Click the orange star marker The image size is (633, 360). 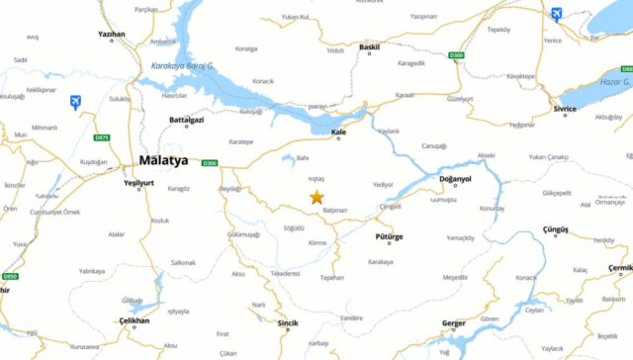(x=316, y=198)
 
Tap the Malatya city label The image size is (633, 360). (x=163, y=160)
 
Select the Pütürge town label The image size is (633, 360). (x=390, y=237)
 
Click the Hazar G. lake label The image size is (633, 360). (x=613, y=83)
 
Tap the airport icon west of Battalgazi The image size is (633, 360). (x=76, y=102)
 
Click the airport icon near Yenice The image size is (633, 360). (x=556, y=14)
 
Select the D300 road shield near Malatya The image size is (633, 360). (x=209, y=163)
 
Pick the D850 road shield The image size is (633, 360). (x=10, y=276)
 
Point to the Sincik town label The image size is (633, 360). (x=287, y=322)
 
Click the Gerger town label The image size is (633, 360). (x=452, y=323)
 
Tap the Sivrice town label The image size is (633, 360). (x=565, y=109)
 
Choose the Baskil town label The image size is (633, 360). (x=369, y=46)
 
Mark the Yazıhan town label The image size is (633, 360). (x=112, y=35)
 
